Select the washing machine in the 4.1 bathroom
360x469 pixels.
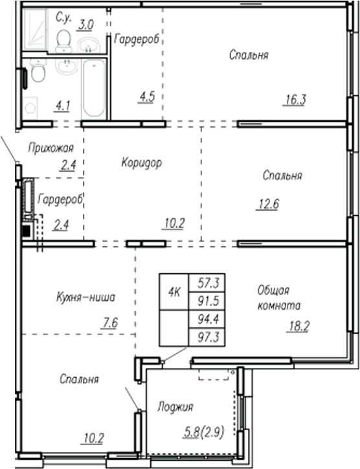click(30, 106)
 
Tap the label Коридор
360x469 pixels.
click(141, 162)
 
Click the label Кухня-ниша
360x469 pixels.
click(85, 298)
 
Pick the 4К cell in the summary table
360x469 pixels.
click(174, 292)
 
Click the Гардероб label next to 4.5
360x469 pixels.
click(137, 40)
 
